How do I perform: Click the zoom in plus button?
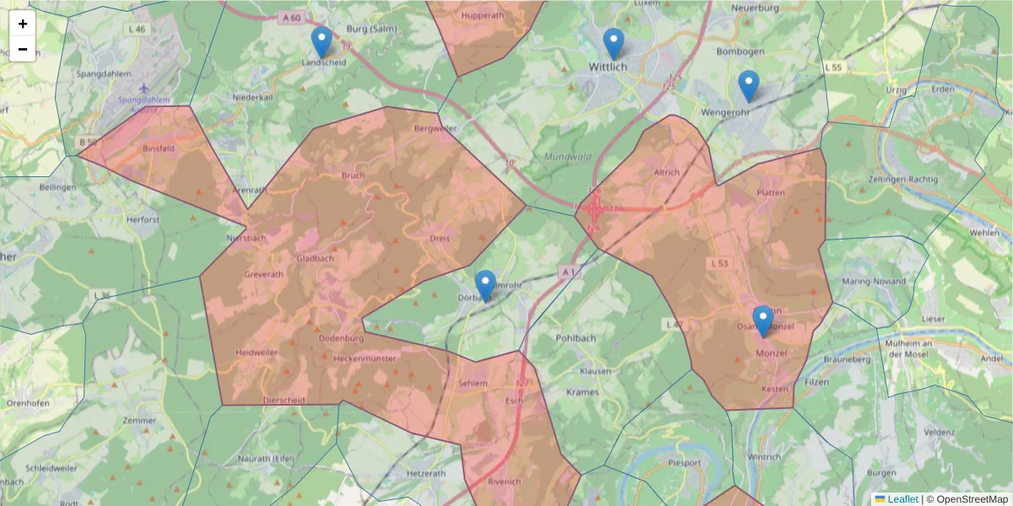(23, 24)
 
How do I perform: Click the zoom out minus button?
(23, 49)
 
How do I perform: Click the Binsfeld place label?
(159, 148)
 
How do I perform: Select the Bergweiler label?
(436, 128)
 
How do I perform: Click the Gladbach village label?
(314, 259)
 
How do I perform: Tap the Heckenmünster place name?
(365, 358)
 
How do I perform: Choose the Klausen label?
(596, 371)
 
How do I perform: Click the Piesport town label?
(684, 463)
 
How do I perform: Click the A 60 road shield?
(292, 18)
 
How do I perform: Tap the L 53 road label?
(719, 265)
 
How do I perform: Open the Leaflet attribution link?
(902, 499)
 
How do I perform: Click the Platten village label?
(771, 193)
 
